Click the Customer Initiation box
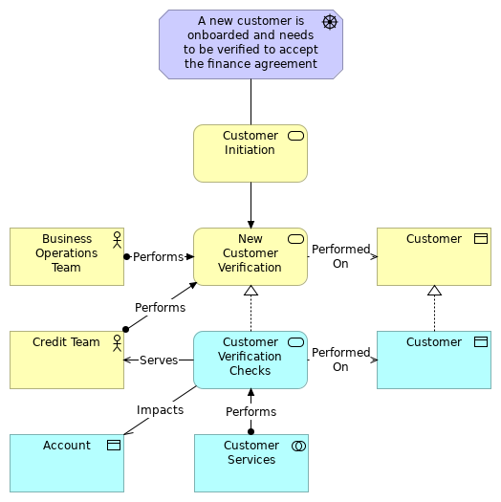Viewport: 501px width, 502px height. [x=250, y=153]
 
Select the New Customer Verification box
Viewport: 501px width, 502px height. [x=250, y=256]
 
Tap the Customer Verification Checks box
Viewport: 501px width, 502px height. [x=250, y=360]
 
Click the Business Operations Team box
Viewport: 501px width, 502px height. [x=66, y=256]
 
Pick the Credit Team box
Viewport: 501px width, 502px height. [x=66, y=360]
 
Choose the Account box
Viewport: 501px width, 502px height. [x=66, y=463]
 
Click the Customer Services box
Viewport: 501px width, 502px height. [x=250, y=463]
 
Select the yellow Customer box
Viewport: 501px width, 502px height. [x=433, y=256]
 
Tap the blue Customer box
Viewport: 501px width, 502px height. [x=433, y=360]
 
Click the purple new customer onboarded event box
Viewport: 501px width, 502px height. [x=250, y=44]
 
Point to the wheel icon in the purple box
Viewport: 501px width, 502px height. [x=330, y=22]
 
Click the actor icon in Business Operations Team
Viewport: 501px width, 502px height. [x=117, y=239]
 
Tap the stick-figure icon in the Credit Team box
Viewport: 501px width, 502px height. [x=117, y=342]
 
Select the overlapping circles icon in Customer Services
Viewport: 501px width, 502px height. [x=297, y=446]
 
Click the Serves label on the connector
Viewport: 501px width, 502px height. [x=158, y=360]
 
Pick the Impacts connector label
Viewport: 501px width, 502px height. [x=160, y=410]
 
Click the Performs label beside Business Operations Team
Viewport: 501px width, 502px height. [x=158, y=257]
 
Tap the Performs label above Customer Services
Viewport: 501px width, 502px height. [x=250, y=412]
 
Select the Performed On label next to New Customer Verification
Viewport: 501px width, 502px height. [x=340, y=256]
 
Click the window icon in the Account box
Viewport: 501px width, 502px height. [x=113, y=446]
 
